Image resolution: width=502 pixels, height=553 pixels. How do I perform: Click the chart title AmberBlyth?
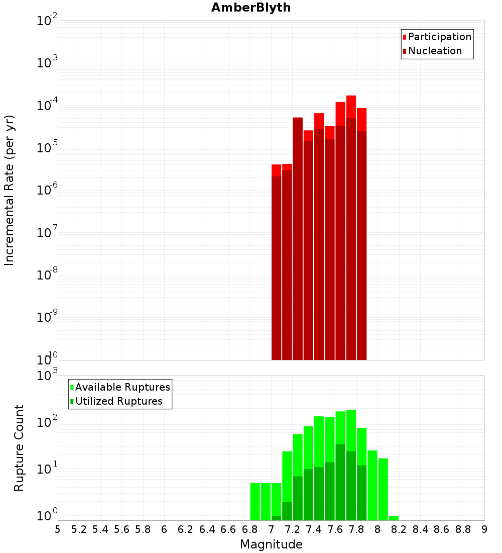tap(251, 8)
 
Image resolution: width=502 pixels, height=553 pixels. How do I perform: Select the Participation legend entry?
tap(440, 37)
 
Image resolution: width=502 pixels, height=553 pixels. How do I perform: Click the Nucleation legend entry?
tap(435, 51)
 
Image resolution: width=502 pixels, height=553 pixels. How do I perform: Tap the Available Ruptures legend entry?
tap(122, 387)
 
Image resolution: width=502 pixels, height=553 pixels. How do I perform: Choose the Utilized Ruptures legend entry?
tap(118, 401)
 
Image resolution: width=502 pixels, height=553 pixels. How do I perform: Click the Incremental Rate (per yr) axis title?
tap(10, 190)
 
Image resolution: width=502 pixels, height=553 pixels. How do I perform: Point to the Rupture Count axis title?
tap(19, 447)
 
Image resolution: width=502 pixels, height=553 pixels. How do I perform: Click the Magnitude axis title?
tap(271, 544)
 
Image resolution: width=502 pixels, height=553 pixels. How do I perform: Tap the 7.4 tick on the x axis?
tap(314, 529)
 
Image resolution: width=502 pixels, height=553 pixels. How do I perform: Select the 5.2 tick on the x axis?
tap(79, 529)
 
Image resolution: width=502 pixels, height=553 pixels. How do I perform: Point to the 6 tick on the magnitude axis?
tap(164, 529)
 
